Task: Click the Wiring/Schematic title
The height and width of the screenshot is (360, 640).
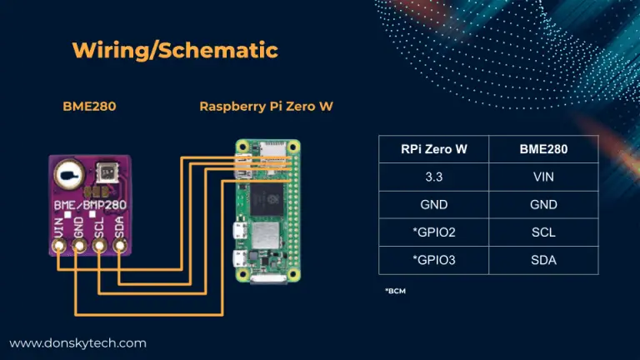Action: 175,50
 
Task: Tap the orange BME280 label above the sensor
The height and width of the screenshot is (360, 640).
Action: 89,107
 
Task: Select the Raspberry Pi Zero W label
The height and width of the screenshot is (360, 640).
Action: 266,107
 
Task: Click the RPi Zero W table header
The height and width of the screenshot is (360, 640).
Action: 433,149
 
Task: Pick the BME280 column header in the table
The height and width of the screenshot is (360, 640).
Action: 543,149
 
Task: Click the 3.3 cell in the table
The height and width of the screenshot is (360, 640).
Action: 433,177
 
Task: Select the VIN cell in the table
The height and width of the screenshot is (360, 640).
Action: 543,177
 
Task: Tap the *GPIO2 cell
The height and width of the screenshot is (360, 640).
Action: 433,232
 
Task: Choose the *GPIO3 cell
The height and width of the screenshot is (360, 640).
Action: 433,260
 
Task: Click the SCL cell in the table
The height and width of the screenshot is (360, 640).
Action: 543,232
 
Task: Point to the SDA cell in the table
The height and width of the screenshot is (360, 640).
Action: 543,260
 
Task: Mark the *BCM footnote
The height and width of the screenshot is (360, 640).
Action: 395,291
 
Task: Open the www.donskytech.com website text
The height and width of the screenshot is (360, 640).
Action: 78,343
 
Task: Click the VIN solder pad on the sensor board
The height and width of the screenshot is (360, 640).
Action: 59,245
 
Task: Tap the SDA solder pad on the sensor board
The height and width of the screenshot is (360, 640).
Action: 120,245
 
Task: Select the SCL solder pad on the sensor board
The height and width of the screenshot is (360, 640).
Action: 99,245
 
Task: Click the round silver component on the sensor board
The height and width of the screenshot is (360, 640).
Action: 70,175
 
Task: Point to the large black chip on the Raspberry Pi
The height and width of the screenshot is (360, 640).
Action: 267,200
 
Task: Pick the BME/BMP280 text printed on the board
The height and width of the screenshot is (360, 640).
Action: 90,205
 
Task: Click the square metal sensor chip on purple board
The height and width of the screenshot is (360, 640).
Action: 107,173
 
